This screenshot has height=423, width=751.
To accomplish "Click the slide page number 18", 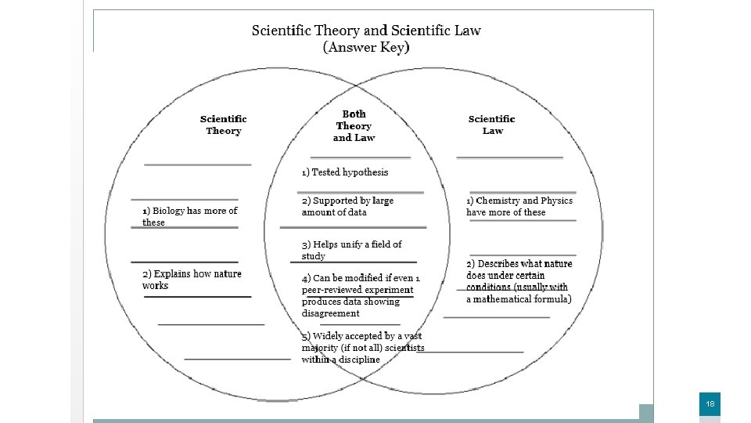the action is (710, 404).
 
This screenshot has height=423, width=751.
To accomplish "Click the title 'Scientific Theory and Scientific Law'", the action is (366, 31).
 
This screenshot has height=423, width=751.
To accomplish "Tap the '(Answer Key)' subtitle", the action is (366, 47).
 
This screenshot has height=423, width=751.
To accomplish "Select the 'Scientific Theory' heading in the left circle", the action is (224, 125).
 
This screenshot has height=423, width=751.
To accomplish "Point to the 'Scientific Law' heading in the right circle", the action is (492, 125).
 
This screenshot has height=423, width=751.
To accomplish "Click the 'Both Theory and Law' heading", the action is (354, 126).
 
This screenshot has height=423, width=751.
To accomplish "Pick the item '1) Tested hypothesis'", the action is (345, 172).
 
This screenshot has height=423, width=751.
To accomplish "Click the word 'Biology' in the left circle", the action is (168, 211).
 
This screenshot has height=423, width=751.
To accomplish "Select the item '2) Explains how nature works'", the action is (192, 280).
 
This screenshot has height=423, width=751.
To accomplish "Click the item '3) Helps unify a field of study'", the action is (351, 250).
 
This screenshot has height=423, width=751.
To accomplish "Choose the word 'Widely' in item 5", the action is (329, 336).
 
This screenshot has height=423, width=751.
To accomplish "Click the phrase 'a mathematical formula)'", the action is (519, 298).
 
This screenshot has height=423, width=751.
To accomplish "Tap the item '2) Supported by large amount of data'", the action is (347, 206).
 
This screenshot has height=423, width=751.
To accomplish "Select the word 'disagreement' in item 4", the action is (331, 313).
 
